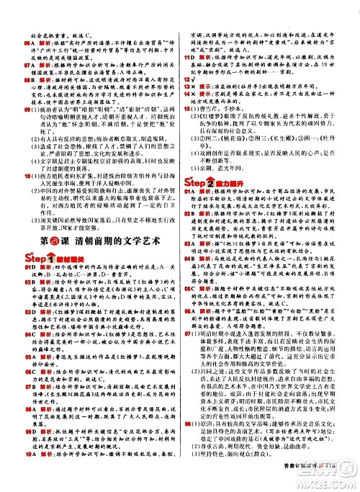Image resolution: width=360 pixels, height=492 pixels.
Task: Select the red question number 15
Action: click(x=189, y=122)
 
